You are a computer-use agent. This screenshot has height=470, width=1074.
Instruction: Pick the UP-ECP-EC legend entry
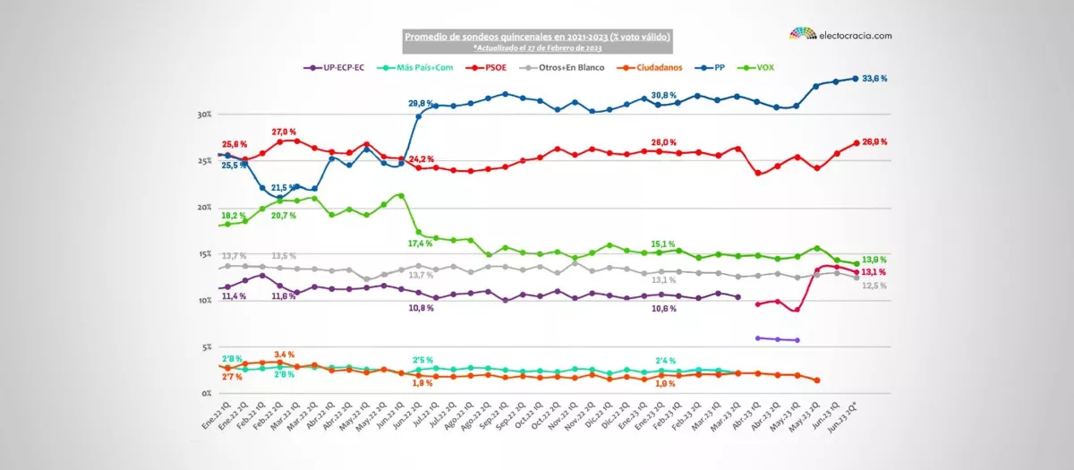coord(335,67)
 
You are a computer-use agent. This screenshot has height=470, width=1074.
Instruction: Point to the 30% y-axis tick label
coord(204,115)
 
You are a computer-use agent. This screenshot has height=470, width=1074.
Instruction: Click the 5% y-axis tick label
coord(207,347)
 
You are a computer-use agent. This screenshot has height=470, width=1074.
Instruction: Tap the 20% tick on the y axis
coord(204,208)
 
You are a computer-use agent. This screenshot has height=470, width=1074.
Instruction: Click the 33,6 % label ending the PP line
coord(878,79)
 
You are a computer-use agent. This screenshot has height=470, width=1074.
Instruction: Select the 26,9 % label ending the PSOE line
coord(878,142)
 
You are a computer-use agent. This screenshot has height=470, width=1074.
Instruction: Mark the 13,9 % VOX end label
coord(878,260)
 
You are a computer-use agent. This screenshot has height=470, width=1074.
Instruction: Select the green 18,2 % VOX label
coord(234,216)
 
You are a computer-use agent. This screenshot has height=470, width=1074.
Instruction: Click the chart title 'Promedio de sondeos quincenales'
coord(537,37)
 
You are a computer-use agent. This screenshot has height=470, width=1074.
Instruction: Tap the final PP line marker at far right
coord(856,79)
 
